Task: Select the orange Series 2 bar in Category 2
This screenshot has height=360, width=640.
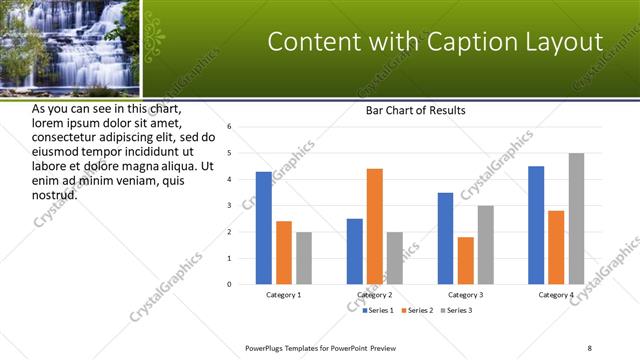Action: [374, 226]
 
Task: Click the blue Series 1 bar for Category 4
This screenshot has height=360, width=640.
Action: [536, 225]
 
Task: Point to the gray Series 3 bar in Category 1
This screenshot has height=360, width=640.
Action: [303, 258]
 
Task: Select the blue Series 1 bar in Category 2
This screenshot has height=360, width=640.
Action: [355, 251]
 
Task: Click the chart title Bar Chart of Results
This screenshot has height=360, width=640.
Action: [415, 110]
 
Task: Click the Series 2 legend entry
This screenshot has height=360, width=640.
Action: [419, 311]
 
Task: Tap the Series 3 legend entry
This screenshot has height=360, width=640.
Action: [458, 311]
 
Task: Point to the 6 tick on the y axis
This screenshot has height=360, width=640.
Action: [229, 127]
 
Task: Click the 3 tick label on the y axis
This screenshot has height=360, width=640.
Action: [229, 206]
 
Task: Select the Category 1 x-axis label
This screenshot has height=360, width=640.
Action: [284, 296]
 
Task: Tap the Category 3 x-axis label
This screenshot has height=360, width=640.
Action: [466, 296]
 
